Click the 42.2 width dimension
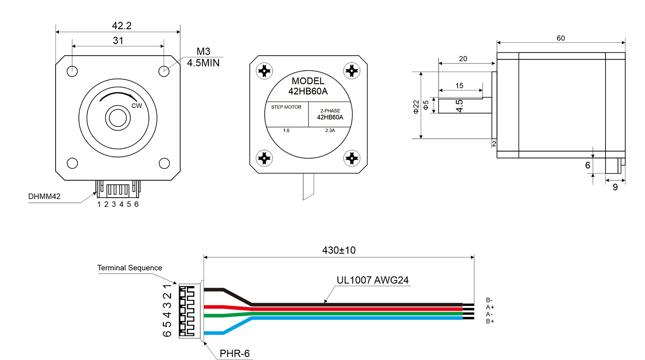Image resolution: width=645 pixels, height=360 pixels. pos(121,26)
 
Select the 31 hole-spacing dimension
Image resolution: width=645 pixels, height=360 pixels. pos(118,41)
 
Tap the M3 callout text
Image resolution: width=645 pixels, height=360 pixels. pos(203,52)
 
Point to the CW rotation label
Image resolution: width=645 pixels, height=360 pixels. pos(137,106)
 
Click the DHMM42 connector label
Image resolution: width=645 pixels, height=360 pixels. pos(44,196)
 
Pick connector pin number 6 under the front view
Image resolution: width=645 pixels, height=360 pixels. pos(136,204)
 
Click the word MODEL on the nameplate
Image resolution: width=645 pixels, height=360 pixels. pos(308,81)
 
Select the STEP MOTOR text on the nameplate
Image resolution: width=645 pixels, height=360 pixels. pos(286,107)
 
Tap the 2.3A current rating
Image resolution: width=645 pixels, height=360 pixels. pos(330,131)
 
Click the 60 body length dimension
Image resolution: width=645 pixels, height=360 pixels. pos(561,38)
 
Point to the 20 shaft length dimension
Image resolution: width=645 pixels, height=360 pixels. pos(463,59)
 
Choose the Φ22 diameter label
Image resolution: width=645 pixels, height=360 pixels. pos(416,107)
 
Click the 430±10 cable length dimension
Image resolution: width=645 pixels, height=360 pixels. pos(339,250)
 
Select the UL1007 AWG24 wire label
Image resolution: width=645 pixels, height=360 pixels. pos(372,280)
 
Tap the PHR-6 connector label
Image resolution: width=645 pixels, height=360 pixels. pos(235,354)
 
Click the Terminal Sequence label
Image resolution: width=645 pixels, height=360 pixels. pos(129,268)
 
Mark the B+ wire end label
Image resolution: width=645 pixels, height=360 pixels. pos(490,321)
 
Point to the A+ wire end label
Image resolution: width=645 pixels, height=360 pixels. pos(490,307)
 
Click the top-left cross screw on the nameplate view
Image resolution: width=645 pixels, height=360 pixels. pos(264,71)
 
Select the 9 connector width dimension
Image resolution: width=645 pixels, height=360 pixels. pos(615,187)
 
